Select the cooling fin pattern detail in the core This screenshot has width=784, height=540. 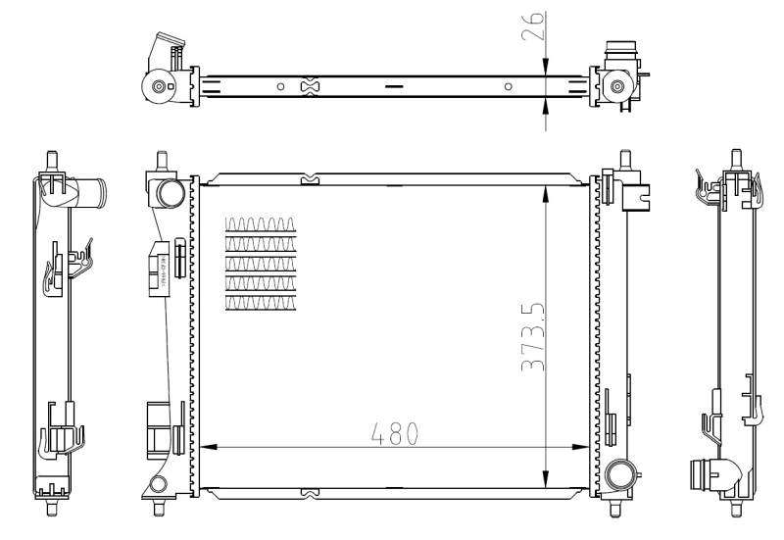(x=260, y=264)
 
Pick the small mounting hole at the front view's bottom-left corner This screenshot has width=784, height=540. (x=157, y=485)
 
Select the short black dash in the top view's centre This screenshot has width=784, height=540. (x=394, y=87)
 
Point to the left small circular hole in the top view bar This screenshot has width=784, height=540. (x=280, y=87)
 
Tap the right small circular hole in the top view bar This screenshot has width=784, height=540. (x=508, y=87)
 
